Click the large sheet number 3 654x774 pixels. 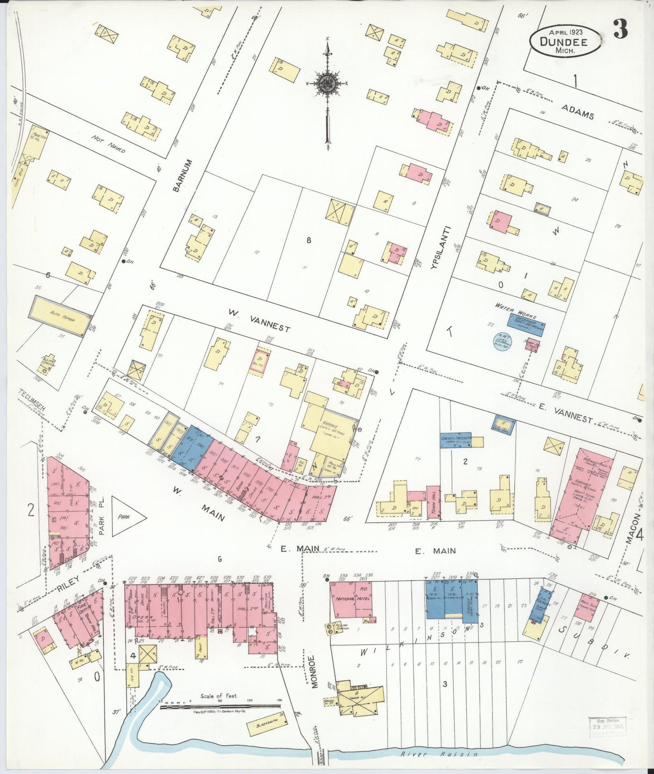(x=621, y=30)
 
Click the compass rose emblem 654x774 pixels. (x=326, y=83)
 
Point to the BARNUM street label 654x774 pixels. (x=177, y=175)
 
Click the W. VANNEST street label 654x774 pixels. (x=258, y=320)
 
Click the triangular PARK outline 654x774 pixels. (x=127, y=516)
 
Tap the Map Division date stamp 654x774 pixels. (x=607, y=726)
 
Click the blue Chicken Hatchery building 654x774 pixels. (x=456, y=440)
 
